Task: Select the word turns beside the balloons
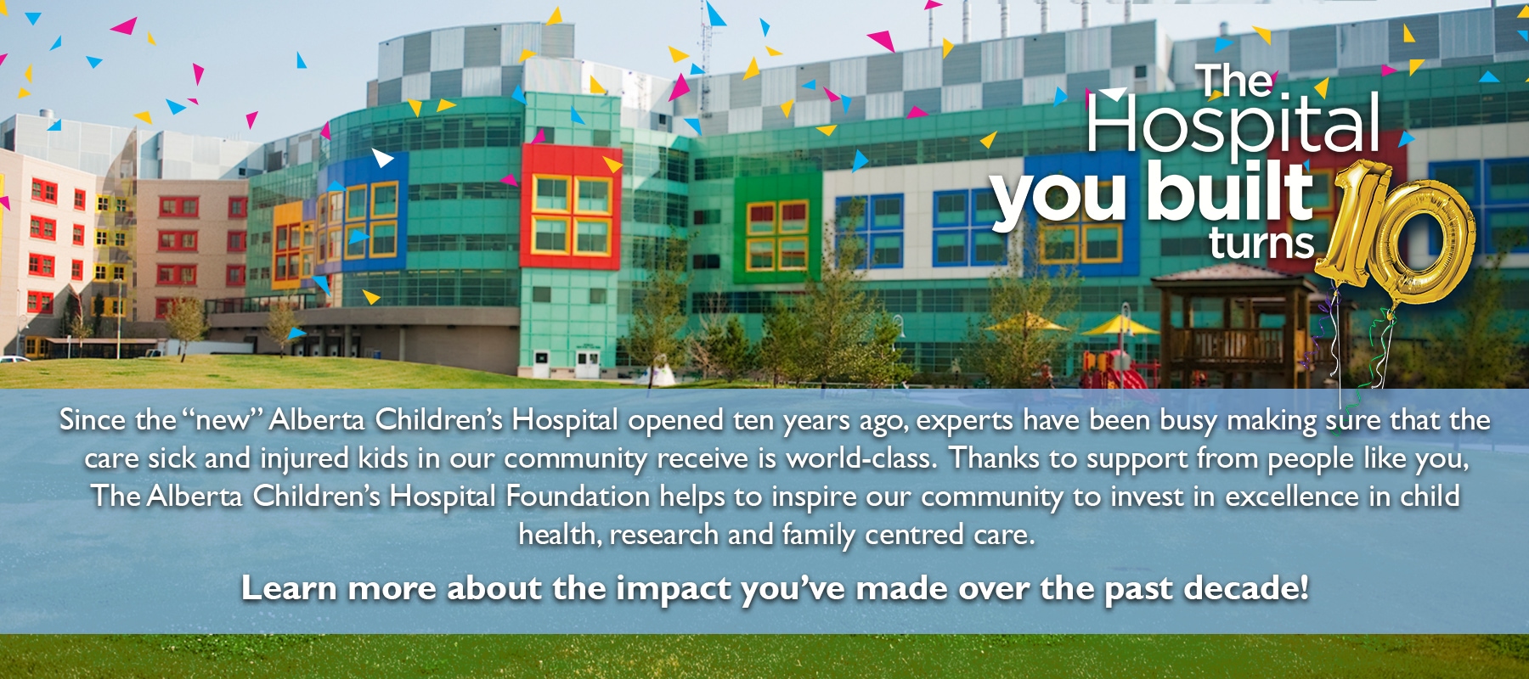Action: pyautogui.click(x=1261, y=243)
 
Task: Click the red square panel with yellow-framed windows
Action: pyautogui.click(x=571, y=206)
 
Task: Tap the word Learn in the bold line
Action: pyautogui.click(x=289, y=588)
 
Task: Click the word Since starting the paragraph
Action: pyautogui.click(x=93, y=419)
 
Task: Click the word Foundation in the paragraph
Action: pyautogui.click(x=578, y=496)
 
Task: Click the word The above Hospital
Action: pyautogui.click(x=1238, y=81)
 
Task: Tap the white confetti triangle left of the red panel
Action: pyautogui.click(x=382, y=157)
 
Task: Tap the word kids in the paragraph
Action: pyautogui.click(x=383, y=458)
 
